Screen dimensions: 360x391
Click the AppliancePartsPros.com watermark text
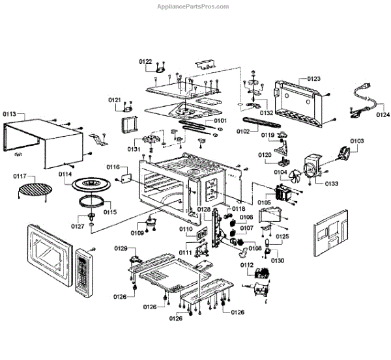pos(194,7)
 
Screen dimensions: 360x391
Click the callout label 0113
pos(10,114)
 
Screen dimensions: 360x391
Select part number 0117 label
pos(20,176)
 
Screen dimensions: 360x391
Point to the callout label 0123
pos(313,79)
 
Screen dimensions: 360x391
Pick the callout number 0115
pos(109,212)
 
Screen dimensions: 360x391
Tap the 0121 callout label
pos(115,100)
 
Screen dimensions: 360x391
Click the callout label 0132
pos(267,113)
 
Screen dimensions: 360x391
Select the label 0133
pos(332,184)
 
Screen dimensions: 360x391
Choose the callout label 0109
pos(137,233)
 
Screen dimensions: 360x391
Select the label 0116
pos(113,168)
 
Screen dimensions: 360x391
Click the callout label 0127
pos(78,226)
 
